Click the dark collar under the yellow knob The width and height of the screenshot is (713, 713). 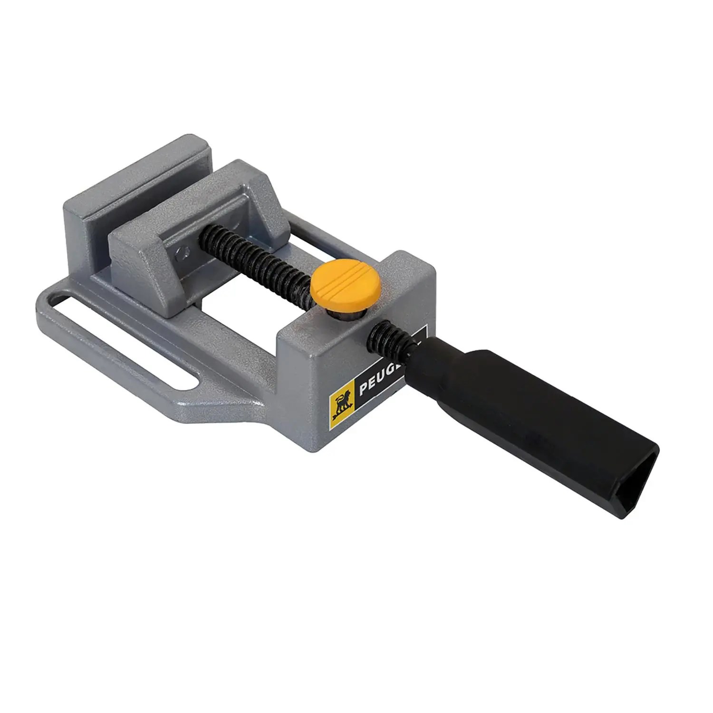tap(345, 314)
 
